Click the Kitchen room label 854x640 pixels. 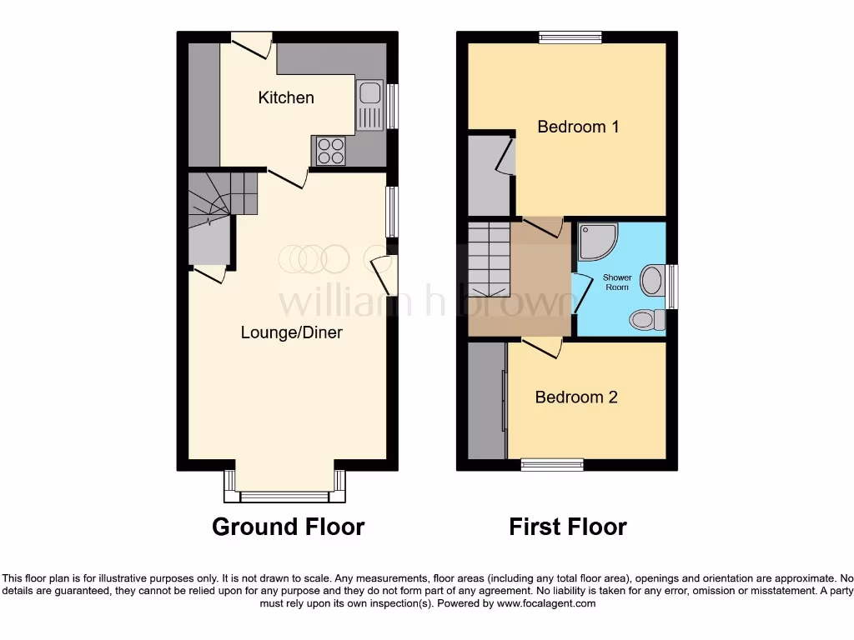coord(286,97)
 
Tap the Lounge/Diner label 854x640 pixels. coord(291,332)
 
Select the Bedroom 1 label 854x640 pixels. coord(578,127)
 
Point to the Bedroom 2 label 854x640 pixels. coord(576,397)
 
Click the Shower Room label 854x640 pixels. coord(617,282)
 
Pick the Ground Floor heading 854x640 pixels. coord(288,527)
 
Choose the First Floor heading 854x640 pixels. coord(568,527)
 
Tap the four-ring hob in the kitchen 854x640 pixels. coord(330,151)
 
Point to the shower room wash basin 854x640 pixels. coord(652,279)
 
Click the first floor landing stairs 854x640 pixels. coord(488,258)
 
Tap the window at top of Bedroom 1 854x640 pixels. coord(570,36)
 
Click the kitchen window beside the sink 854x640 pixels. coord(391,105)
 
